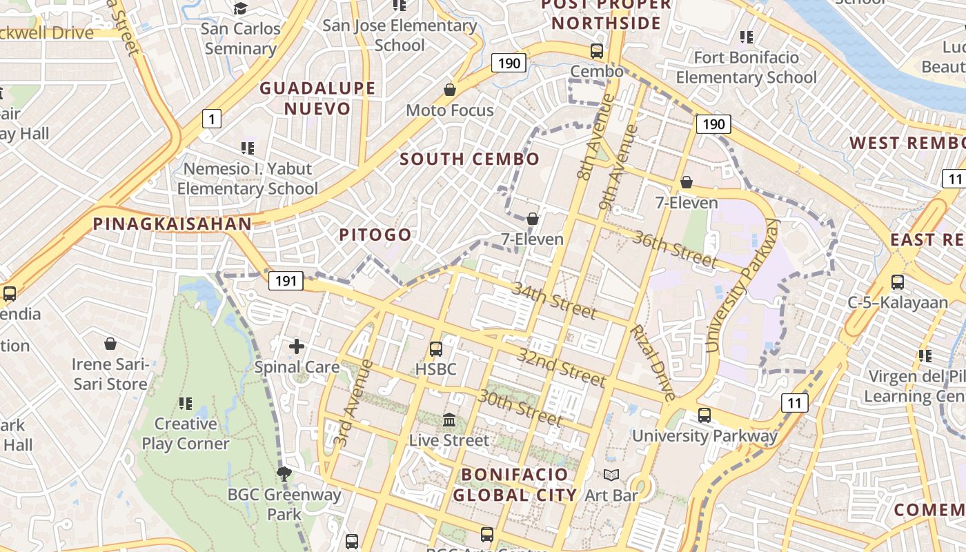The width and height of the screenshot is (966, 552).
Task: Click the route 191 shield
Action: pos(286,280)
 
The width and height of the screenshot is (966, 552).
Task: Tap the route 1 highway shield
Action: pos(211,119)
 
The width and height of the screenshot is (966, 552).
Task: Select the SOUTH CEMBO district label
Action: pos(469,159)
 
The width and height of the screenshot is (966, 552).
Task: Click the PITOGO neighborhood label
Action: pos(375,235)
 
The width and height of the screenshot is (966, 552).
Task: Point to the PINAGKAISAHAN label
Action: pos(172,224)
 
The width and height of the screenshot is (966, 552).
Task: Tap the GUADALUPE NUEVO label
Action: pos(317,98)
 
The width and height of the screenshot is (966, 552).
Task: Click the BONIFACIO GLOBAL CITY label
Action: pos(514,484)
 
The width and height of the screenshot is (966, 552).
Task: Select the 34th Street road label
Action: pos(553,299)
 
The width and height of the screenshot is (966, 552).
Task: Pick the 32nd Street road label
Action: pos(561,367)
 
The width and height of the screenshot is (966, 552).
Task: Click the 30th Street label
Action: pos(521,407)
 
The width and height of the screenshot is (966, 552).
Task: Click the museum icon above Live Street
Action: pos(449,420)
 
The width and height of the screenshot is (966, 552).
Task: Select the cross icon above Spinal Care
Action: pos(297,346)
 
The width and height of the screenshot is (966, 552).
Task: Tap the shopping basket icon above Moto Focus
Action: pos(450,90)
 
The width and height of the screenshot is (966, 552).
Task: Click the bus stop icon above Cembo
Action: pos(597,51)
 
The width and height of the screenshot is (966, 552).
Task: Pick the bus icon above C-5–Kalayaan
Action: pos(898,282)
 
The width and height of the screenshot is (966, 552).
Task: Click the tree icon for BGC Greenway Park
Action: pos(284,473)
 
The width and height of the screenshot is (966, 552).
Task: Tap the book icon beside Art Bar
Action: pos(611,475)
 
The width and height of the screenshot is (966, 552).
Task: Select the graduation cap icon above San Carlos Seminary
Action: pos(241,8)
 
